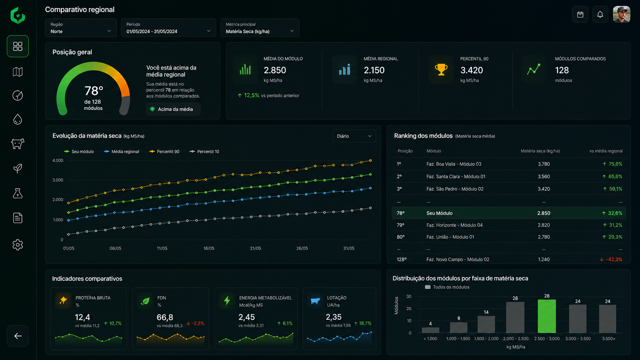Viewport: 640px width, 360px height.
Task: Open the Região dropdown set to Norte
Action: [80, 28]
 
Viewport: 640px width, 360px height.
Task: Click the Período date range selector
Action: [168, 28]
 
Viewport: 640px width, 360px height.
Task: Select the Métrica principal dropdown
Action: [260, 28]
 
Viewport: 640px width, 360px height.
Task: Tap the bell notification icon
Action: [600, 15]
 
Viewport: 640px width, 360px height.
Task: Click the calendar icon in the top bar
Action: [580, 15]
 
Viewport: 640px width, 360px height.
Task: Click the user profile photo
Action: [621, 14]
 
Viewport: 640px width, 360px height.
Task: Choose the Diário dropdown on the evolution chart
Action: [354, 136]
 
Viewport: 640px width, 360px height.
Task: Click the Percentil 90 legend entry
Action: [165, 151]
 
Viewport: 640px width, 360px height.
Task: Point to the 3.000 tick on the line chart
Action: [58, 180]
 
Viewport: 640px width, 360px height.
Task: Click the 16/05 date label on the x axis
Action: [209, 248]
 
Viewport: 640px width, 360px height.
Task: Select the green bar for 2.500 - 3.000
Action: [547, 316]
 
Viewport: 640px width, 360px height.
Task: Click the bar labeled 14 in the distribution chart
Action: [486, 324]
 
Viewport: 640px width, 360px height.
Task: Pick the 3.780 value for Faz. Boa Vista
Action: [544, 164]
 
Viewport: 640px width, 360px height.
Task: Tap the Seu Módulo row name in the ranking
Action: [439, 213]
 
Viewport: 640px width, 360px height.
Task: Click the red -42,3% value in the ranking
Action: [614, 259]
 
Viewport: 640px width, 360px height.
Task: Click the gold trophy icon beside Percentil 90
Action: [441, 69]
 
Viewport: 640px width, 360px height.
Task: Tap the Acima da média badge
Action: [173, 109]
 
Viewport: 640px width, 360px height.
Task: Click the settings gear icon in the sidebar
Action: [18, 245]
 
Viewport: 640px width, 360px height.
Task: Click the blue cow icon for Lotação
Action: [315, 301]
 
